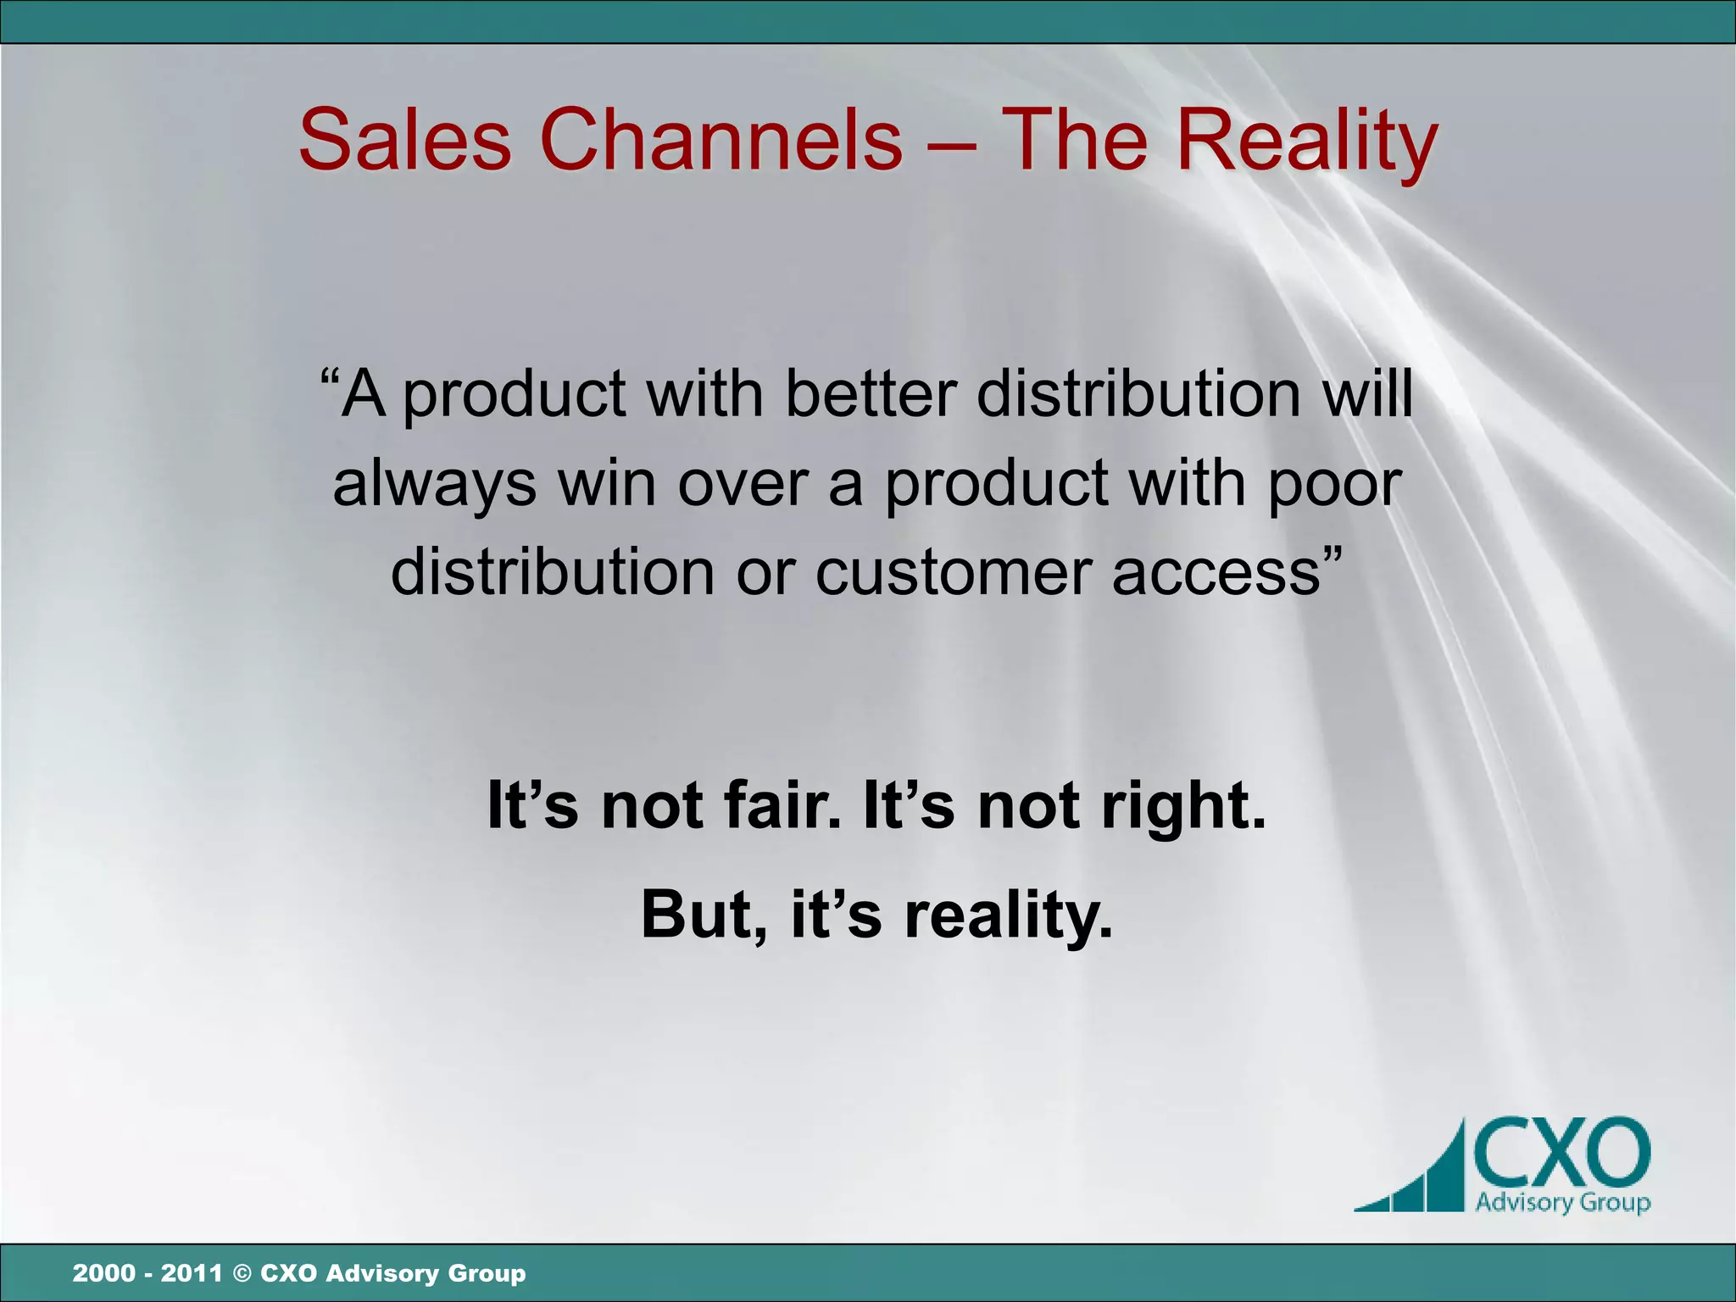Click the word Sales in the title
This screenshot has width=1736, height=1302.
tap(405, 140)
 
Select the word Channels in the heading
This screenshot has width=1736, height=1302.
tap(721, 140)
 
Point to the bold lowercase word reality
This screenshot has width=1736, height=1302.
tap(1008, 916)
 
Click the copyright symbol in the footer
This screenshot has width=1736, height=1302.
tap(242, 1273)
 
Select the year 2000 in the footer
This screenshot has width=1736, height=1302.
tap(103, 1273)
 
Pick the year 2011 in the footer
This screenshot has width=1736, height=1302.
tap(192, 1273)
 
